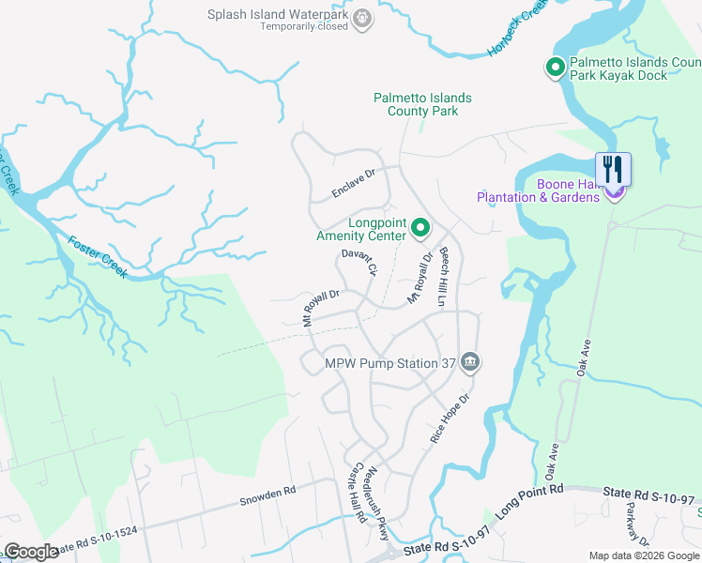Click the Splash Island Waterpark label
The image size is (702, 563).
(278, 15)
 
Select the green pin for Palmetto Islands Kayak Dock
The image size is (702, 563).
(554, 68)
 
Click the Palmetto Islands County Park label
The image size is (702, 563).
(422, 104)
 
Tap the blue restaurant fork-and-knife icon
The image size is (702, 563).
(613, 170)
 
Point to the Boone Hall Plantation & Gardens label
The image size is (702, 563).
(538, 191)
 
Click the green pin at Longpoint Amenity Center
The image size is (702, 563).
(421, 227)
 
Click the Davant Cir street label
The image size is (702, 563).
(359, 262)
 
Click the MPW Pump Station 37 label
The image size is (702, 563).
(393, 363)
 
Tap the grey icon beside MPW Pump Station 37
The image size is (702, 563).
(471, 362)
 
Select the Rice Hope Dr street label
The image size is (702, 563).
(449, 418)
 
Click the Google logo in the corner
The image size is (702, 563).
(31, 552)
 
